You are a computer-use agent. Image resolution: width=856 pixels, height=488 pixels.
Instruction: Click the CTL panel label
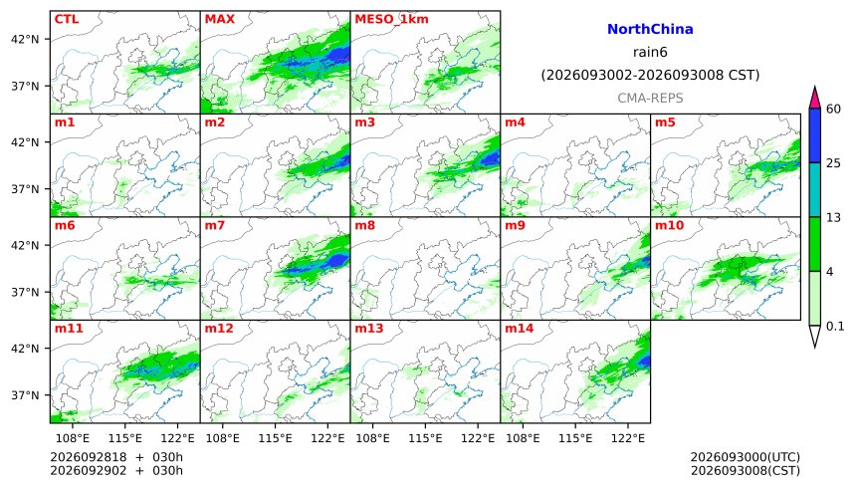[x=67, y=19]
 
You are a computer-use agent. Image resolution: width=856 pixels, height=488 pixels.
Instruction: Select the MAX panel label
[x=219, y=19]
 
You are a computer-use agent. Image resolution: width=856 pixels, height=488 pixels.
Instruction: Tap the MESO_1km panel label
[x=391, y=20]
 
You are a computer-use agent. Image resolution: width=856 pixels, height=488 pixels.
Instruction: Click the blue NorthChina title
[x=650, y=29]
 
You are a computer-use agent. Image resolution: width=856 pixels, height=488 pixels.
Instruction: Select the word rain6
[x=650, y=52]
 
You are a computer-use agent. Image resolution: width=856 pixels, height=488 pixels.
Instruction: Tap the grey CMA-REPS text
[x=650, y=98]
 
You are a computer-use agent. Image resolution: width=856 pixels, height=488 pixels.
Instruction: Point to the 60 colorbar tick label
[x=834, y=109]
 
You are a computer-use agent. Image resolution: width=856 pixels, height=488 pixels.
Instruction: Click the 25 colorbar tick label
[x=834, y=163]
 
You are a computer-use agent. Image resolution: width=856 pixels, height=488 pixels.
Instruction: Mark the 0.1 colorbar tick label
[x=835, y=327]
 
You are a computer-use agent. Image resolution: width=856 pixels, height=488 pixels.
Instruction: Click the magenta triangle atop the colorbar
[x=815, y=100]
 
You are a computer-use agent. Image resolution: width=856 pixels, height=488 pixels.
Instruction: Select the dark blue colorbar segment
[x=815, y=135]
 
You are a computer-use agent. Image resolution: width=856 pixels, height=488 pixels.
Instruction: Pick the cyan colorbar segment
[x=815, y=189]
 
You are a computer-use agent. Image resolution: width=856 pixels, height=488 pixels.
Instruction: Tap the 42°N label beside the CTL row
[x=25, y=40]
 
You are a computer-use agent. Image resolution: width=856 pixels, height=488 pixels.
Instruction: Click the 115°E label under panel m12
[x=275, y=438]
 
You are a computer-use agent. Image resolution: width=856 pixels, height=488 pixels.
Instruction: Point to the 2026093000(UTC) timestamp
[x=746, y=457]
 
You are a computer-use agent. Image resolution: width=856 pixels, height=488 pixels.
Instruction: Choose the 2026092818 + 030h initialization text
[x=116, y=457]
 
